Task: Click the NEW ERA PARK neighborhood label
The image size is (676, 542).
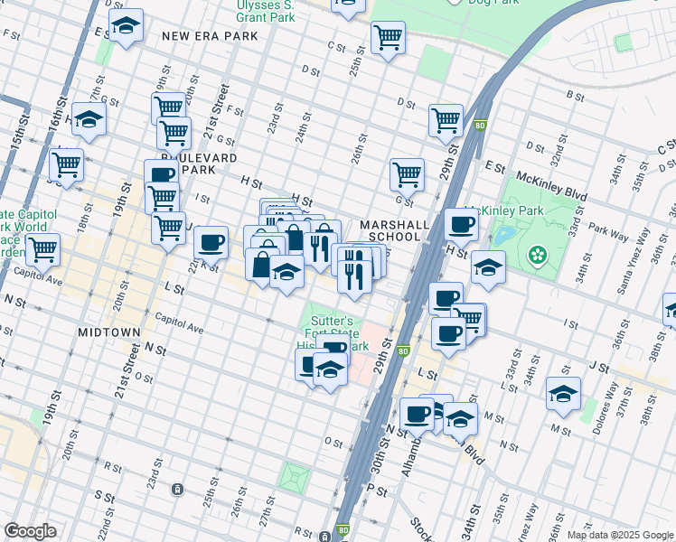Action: (x=210, y=36)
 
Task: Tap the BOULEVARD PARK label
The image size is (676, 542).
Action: (x=209, y=164)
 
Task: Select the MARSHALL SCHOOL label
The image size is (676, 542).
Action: (x=390, y=230)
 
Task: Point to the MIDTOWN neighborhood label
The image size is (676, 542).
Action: (x=108, y=332)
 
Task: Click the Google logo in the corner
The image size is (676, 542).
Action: (x=30, y=531)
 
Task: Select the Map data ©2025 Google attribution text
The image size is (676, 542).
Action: (x=620, y=534)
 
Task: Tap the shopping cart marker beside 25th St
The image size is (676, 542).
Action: (x=388, y=37)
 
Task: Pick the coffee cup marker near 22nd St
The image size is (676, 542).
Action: (x=211, y=241)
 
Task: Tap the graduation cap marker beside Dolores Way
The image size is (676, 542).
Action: (x=563, y=393)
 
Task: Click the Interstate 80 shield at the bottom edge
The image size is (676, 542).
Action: (x=343, y=531)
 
